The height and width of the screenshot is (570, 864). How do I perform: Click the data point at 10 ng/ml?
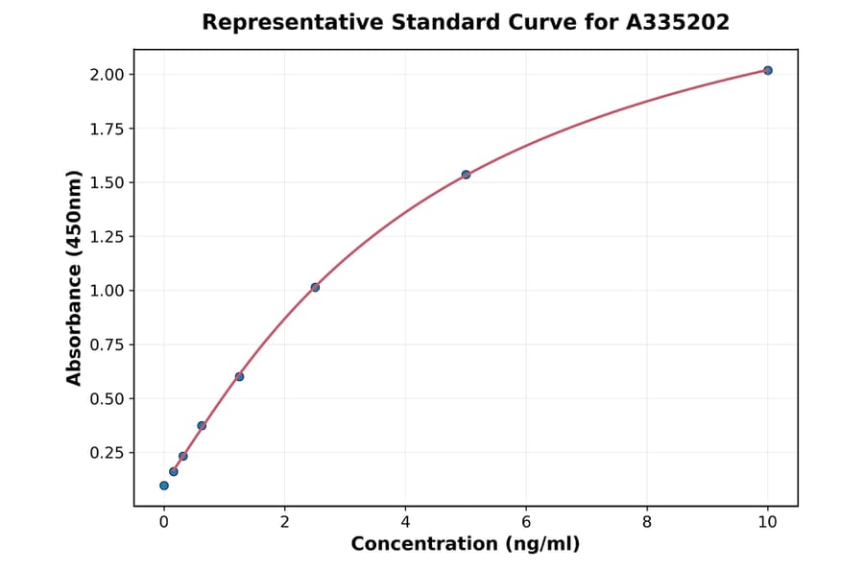tap(768, 70)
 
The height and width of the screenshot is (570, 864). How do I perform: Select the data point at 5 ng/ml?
tap(466, 175)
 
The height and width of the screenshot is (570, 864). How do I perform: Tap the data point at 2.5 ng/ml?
tap(315, 287)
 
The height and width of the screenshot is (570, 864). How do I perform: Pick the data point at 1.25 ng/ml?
tap(239, 376)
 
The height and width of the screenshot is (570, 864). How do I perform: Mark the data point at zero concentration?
tap(164, 486)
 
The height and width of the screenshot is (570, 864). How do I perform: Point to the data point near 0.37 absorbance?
tap(202, 425)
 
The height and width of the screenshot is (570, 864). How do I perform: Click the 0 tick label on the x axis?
tap(164, 522)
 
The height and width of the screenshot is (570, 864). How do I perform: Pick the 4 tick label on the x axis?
tap(405, 522)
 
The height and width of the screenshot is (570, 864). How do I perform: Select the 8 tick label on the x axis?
tap(647, 522)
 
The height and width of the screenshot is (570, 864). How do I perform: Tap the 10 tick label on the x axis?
tap(767, 522)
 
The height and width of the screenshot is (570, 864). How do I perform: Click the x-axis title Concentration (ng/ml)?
tap(466, 545)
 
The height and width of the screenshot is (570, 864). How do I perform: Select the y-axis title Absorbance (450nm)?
tap(75, 278)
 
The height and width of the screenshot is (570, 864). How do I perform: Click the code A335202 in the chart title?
tap(678, 22)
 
